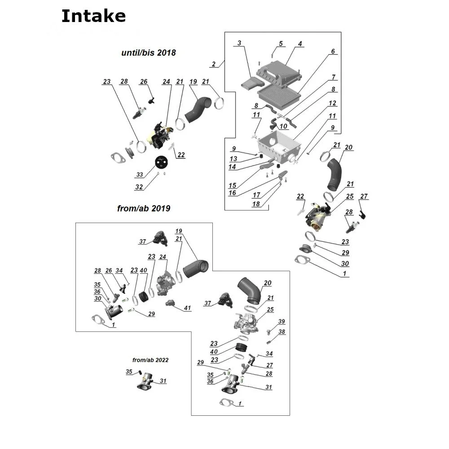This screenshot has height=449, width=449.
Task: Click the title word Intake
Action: click(x=93, y=16)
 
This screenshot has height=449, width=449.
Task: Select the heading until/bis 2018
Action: click(x=149, y=53)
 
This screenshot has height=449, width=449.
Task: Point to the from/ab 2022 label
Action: click(x=151, y=360)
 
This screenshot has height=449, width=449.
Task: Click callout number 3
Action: click(x=239, y=43)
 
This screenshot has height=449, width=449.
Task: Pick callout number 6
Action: click(x=333, y=52)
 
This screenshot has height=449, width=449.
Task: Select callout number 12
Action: click(x=332, y=103)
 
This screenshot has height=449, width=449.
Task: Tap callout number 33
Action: click(x=139, y=174)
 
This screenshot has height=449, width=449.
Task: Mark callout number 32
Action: click(x=139, y=187)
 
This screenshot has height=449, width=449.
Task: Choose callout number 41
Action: click(x=187, y=308)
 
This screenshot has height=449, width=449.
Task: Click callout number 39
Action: click(x=282, y=321)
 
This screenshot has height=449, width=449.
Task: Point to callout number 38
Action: click(x=282, y=332)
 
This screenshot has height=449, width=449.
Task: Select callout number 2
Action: click(x=214, y=64)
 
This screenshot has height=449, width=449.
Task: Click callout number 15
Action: click(x=232, y=185)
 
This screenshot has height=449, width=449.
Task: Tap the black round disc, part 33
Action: click(x=162, y=162)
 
